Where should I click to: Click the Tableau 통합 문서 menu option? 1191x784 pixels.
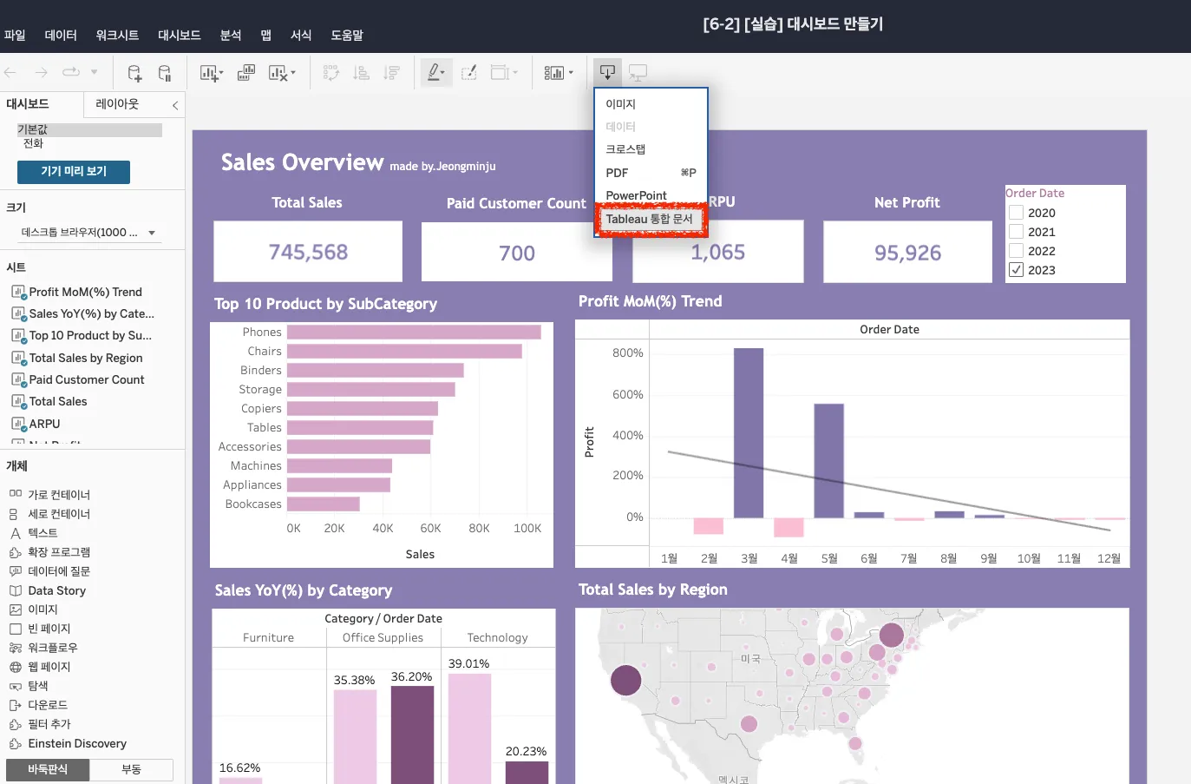[x=649, y=220]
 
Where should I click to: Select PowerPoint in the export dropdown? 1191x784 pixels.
[x=636, y=195]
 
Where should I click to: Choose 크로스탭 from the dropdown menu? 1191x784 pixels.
[x=625, y=149]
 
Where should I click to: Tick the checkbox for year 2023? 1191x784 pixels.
[x=1017, y=270]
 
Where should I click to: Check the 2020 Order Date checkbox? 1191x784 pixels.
[x=1017, y=213]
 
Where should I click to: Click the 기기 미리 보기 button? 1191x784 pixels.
[x=74, y=172]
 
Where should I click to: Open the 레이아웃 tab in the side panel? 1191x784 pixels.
[x=117, y=104]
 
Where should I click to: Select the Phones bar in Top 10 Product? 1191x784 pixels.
[x=414, y=333]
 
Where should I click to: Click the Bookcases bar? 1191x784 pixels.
[x=323, y=504]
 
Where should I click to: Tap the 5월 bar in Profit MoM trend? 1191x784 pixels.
[x=828, y=460]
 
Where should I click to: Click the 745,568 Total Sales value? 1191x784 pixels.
[x=308, y=253]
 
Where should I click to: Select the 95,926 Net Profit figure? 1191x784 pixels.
[x=907, y=254]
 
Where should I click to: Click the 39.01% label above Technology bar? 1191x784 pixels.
[x=468, y=664]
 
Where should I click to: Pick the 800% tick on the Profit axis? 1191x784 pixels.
[x=627, y=353]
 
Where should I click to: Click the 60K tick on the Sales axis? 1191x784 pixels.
[x=430, y=529]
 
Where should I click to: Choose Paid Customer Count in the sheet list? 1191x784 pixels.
[x=87, y=380]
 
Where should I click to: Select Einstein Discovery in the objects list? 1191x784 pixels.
[x=76, y=744]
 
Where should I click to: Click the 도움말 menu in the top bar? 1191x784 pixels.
[x=346, y=36]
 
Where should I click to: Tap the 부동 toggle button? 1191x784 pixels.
[x=131, y=770]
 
